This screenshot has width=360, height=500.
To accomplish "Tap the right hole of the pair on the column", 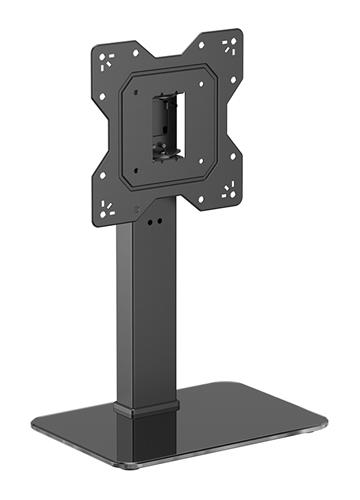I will pos(157,222).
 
